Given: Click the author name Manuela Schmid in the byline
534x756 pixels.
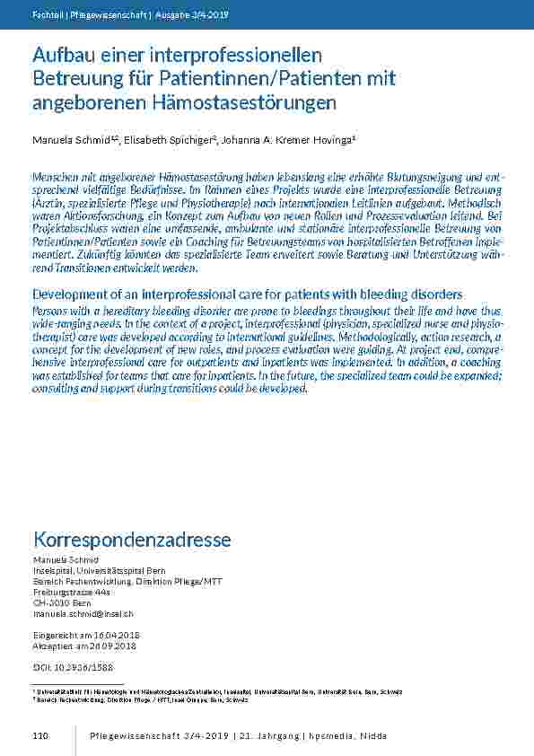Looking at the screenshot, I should coord(66,140).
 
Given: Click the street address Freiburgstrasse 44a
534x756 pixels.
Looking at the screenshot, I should coord(71,593).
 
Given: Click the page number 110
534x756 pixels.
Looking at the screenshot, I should coord(39,736).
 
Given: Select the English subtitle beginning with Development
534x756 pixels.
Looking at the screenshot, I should coord(247,294).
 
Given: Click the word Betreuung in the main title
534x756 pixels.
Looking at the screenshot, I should coord(74,79).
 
